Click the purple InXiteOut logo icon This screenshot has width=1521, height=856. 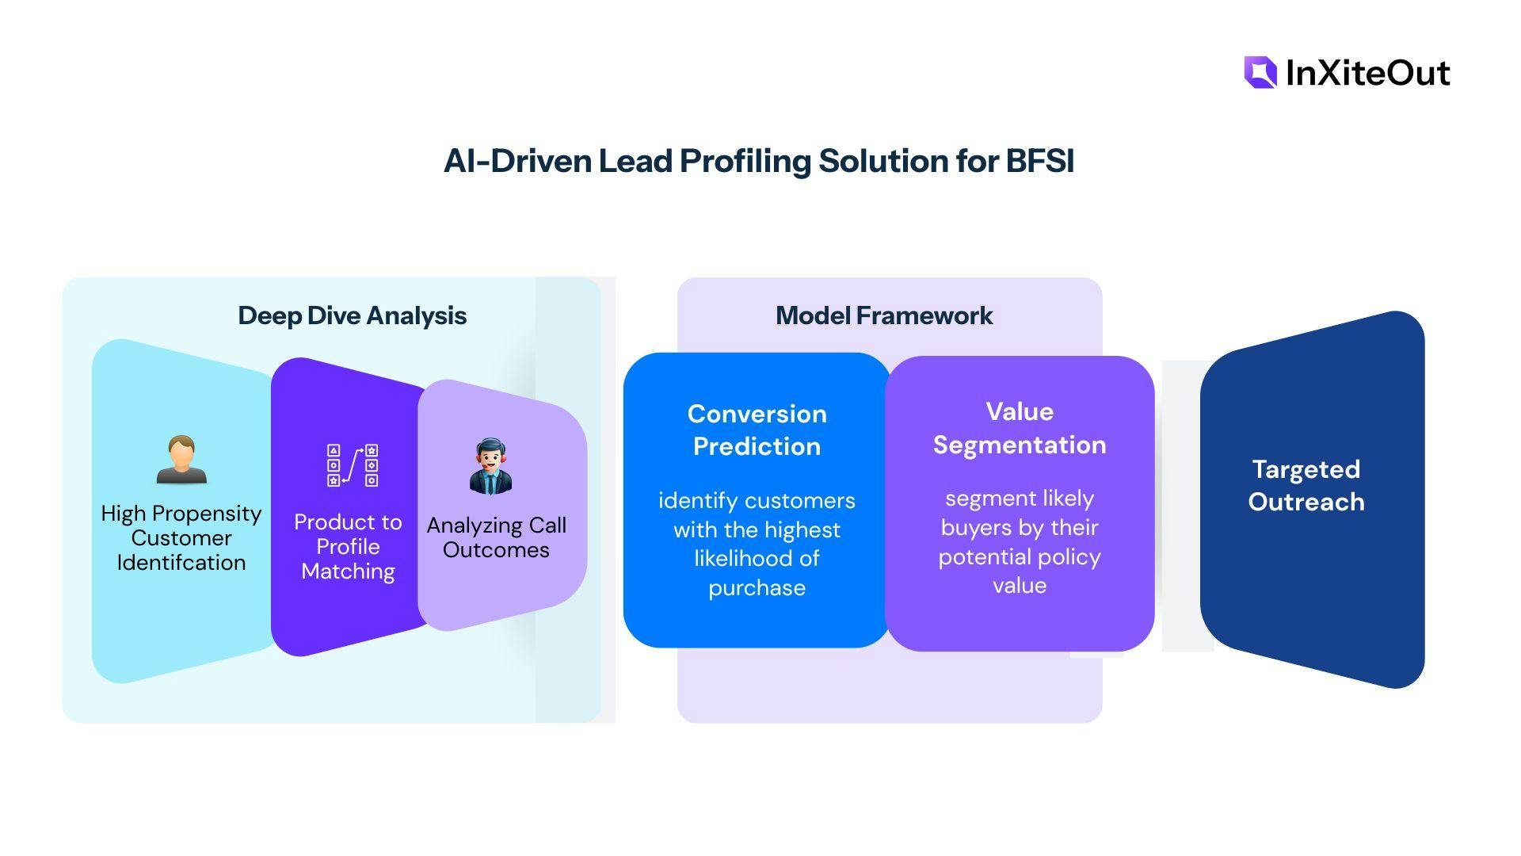click(1260, 72)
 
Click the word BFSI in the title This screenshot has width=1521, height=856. click(1039, 161)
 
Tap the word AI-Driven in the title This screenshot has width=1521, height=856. click(517, 161)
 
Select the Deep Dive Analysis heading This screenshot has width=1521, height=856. click(352, 315)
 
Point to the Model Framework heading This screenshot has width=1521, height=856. click(883, 315)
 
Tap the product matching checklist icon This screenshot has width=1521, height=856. click(353, 465)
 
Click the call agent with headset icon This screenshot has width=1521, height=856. click(490, 466)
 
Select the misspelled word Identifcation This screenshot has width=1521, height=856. click(181, 563)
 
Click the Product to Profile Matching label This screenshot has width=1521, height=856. click(348, 547)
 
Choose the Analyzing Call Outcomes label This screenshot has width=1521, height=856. click(496, 537)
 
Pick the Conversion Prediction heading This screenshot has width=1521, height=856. click(757, 430)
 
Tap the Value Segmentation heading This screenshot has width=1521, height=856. click(1019, 428)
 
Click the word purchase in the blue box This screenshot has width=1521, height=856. click(757, 588)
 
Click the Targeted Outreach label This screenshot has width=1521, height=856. click(1306, 485)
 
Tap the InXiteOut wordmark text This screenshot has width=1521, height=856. click(1367, 73)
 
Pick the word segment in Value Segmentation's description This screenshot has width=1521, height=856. click(979, 499)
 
